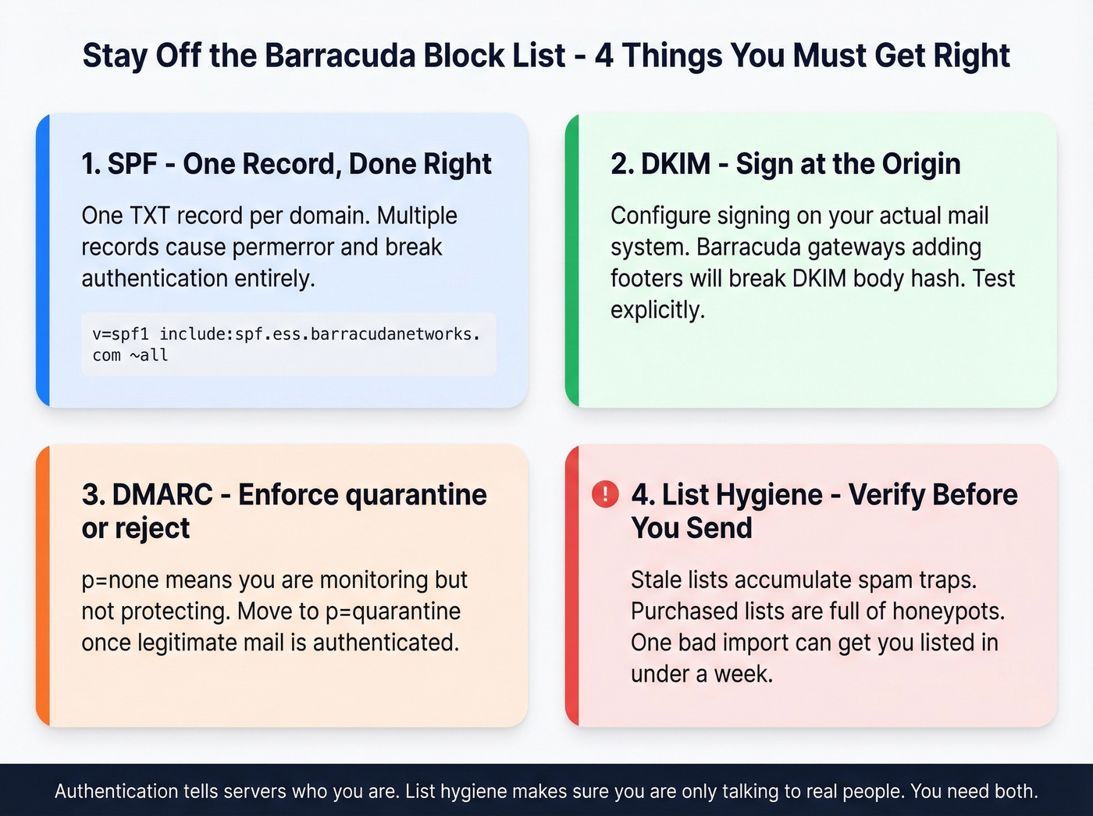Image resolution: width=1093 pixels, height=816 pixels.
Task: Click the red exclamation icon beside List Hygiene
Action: [605, 494]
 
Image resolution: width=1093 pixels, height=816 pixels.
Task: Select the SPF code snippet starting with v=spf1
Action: [287, 344]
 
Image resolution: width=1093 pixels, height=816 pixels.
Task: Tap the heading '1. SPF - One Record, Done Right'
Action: [287, 164]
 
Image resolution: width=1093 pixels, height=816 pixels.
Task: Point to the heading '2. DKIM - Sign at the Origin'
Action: [785, 164]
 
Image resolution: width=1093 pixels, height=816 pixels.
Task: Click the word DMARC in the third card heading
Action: [162, 495]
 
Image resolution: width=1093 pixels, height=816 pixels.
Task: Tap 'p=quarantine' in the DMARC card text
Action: [393, 611]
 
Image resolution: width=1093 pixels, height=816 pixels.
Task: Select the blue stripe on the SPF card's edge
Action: [43, 260]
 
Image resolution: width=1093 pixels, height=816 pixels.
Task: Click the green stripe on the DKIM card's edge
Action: [572, 260]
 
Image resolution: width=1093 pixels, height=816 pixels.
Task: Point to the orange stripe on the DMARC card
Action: [43, 586]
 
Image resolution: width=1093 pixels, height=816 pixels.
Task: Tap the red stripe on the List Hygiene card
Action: [572, 586]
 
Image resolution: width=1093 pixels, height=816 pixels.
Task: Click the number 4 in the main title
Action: [603, 56]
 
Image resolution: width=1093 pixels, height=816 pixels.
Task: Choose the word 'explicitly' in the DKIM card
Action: [655, 310]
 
